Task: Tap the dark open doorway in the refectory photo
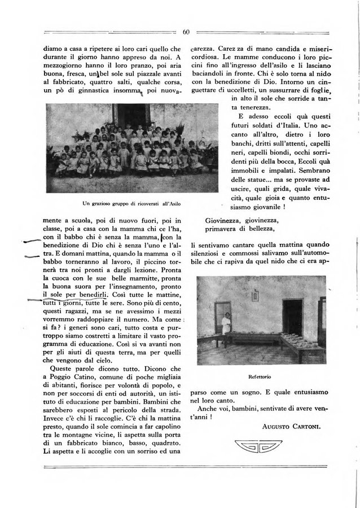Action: coord(292,318)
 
